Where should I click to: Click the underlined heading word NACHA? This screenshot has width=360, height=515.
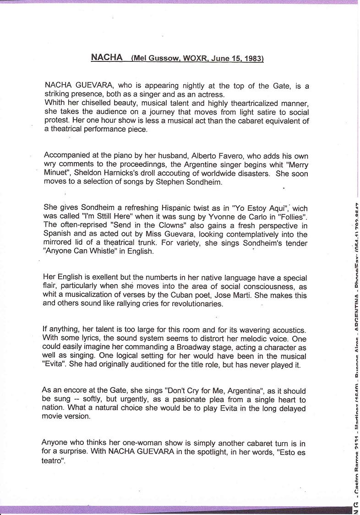coord(107,58)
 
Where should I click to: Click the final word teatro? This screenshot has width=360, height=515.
coord(53,461)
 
